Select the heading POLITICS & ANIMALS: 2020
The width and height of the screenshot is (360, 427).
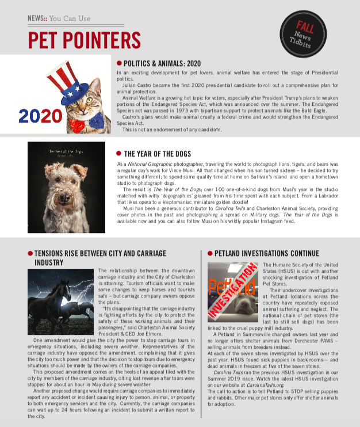coord(162,63)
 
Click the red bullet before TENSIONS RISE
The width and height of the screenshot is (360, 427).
coord(30,253)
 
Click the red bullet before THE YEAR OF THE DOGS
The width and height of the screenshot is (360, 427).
coord(119,154)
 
